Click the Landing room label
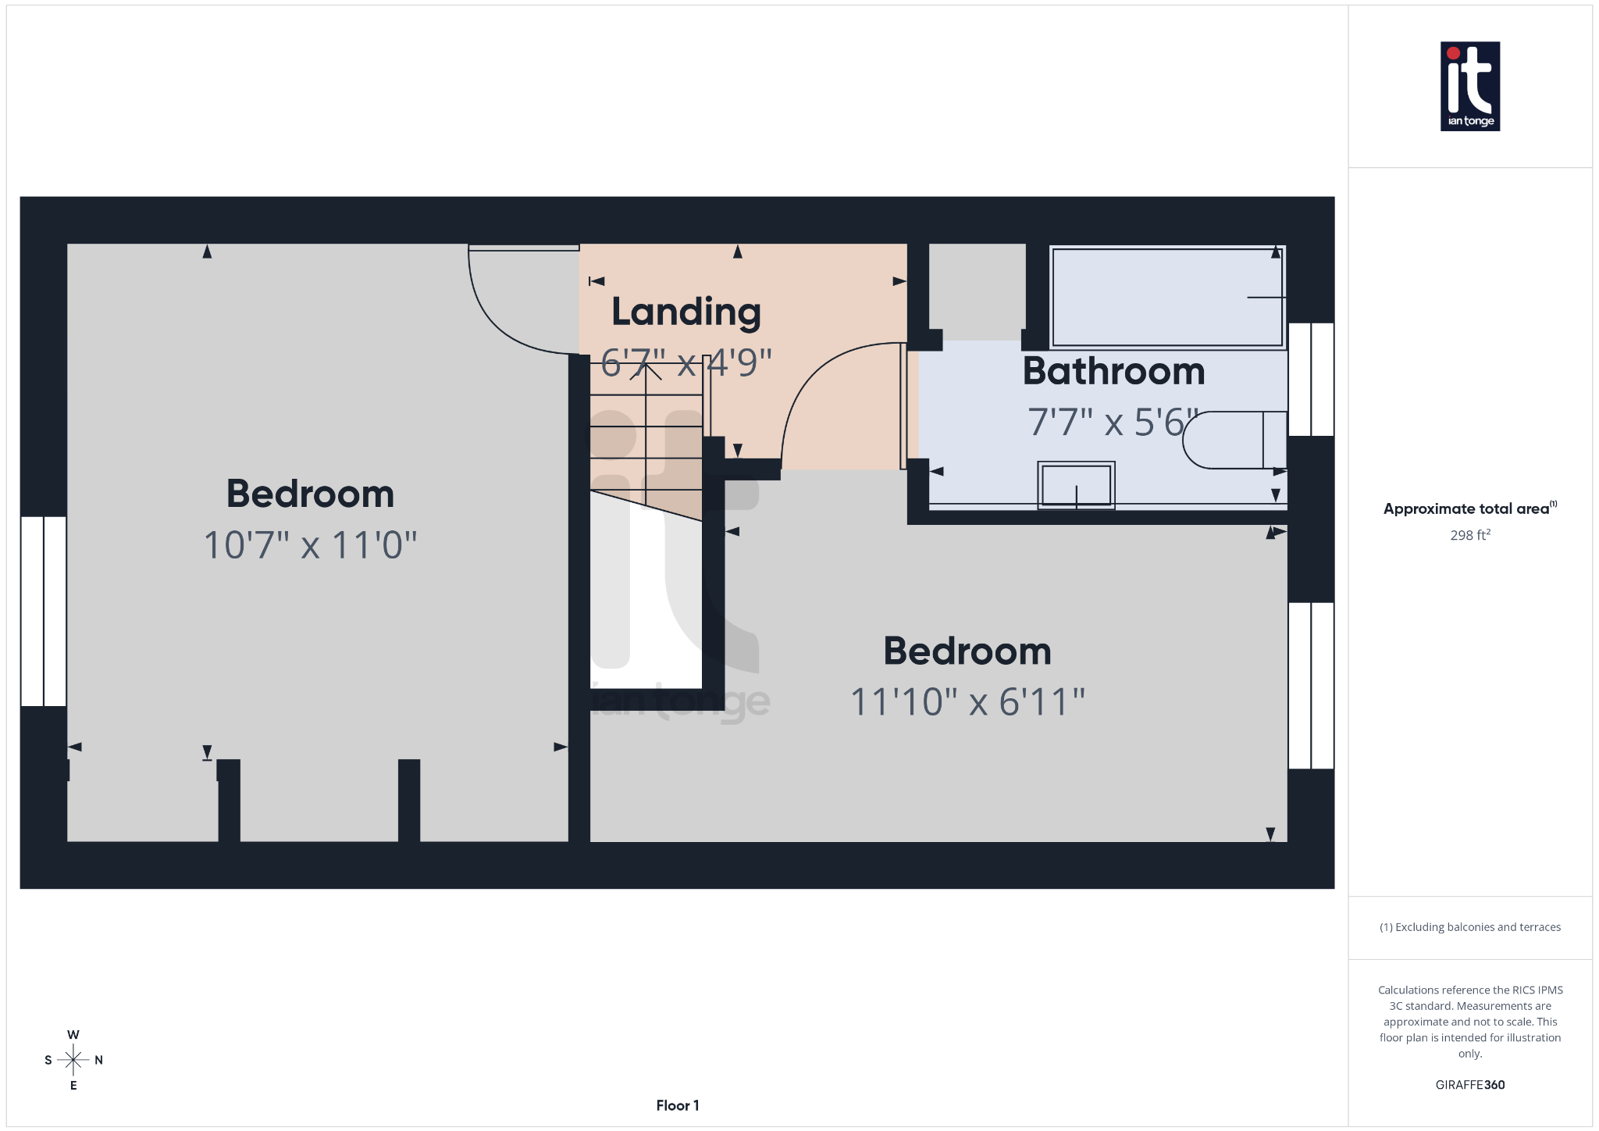tap(686, 312)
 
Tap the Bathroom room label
tap(1113, 371)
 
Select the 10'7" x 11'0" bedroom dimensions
tap(310, 545)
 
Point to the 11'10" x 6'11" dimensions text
tap(967, 701)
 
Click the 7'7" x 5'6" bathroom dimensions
tap(1112, 423)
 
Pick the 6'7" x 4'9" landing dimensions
tap(686, 362)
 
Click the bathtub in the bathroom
tap(1167, 297)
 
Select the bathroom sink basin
tap(1076, 485)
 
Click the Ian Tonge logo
tap(1469, 86)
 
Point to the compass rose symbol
tap(73, 1060)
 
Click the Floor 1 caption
tap(678, 1105)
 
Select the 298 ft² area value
tap(1470, 535)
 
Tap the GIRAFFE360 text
tap(1470, 1085)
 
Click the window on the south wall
tap(44, 611)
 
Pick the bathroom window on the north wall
tap(1311, 379)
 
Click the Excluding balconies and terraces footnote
tap(1470, 927)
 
